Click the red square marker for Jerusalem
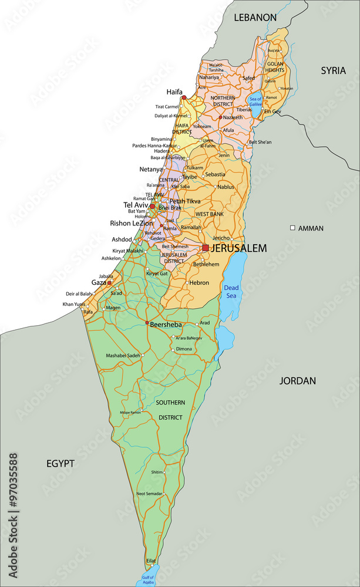pos(206,248)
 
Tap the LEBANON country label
pos(255,18)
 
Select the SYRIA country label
pos(334,70)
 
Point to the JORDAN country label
pos(297,380)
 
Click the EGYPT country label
pos(60,463)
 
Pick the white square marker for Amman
pos(292,228)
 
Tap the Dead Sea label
pos(231,292)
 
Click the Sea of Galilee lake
pos(255,101)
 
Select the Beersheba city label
pos(166,323)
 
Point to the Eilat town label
pos(151,561)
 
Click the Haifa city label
pos(174,92)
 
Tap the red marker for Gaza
pos(109,282)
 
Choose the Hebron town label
pos(199,282)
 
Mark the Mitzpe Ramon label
pos(130,413)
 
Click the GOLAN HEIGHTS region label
pos(275,67)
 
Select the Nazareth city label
pos(233,117)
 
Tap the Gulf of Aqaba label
pos(147,581)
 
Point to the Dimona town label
pos(184,349)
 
